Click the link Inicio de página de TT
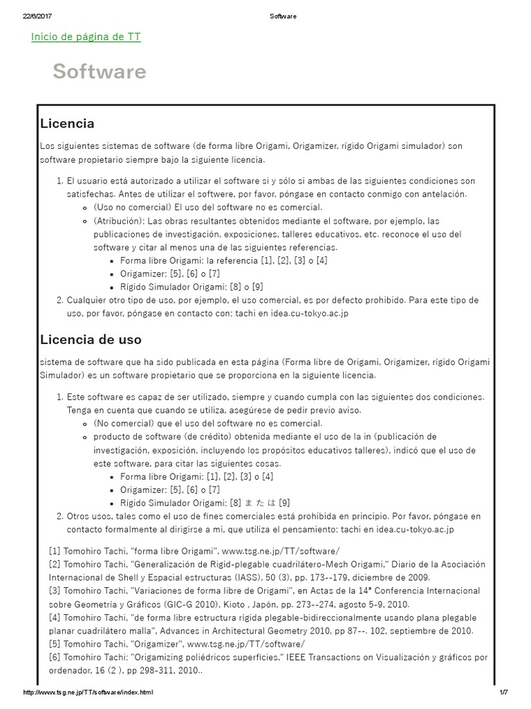tap(86, 37)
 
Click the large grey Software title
tap(99, 72)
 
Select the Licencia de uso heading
tap(91, 339)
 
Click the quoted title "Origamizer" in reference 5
tap(156, 644)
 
